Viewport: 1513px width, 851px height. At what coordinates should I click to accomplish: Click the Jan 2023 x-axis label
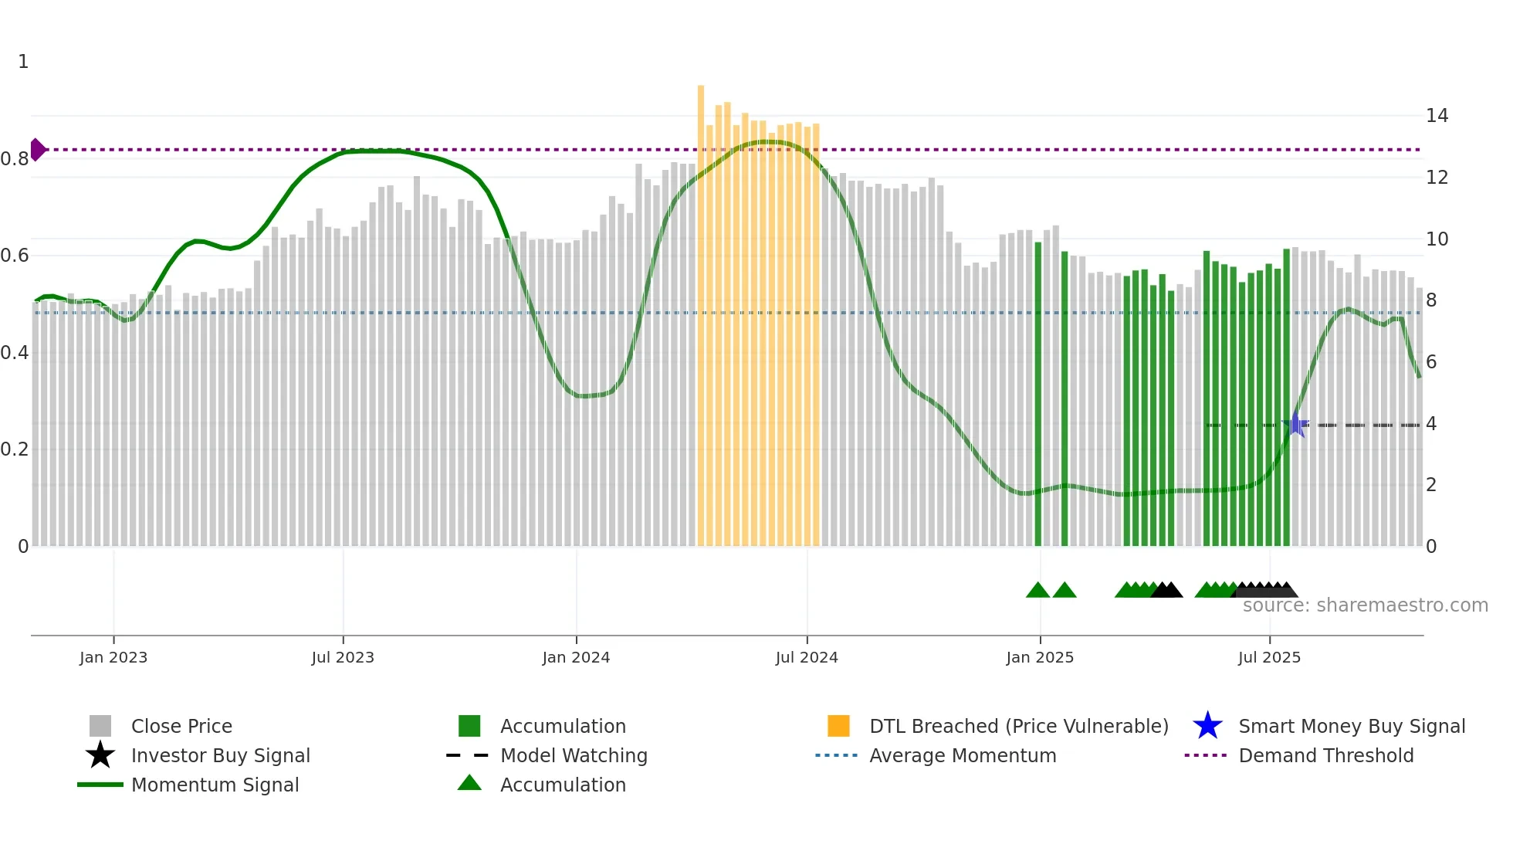click(x=113, y=657)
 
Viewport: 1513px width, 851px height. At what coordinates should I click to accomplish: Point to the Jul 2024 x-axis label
click(x=807, y=657)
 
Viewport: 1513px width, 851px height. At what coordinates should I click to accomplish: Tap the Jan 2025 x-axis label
click(x=1040, y=657)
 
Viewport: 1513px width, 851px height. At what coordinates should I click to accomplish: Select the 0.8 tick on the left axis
click(x=15, y=159)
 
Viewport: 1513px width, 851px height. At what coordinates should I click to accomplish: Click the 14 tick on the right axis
click(x=1437, y=116)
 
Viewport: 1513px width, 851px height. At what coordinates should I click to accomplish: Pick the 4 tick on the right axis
click(x=1431, y=423)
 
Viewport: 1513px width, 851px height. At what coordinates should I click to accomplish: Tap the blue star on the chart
click(x=1296, y=425)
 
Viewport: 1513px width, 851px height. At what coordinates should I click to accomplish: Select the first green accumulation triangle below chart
click(x=1037, y=590)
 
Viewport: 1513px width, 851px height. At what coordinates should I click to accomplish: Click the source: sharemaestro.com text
click(x=1365, y=605)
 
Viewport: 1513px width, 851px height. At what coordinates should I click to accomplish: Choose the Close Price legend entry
click(x=181, y=726)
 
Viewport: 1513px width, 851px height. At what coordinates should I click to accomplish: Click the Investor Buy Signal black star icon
click(x=100, y=755)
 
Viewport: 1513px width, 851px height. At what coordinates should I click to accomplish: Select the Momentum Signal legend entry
click(x=215, y=785)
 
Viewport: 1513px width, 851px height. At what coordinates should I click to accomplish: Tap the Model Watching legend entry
click(x=574, y=755)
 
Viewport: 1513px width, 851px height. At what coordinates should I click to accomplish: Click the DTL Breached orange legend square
click(x=838, y=726)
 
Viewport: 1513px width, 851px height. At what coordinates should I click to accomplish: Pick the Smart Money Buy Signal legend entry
click(x=1351, y=726)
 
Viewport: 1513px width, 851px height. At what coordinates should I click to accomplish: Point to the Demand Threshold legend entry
click(x=1325, y=755)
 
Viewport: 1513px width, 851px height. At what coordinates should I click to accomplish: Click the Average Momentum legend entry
click(x=962, y=755)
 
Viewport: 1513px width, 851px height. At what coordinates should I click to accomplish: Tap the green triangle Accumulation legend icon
click(x=469, y=783)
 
